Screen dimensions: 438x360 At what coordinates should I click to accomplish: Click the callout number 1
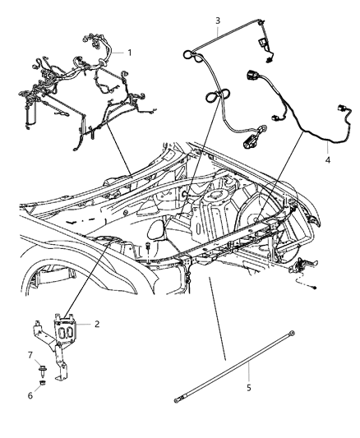coord(129,52)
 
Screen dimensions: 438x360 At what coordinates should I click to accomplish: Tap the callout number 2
coord(97,324)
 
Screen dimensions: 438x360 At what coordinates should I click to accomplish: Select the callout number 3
coord(217,20)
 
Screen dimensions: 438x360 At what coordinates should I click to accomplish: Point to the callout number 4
coord(328,160)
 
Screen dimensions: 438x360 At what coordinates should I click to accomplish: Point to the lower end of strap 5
coord(176,401)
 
